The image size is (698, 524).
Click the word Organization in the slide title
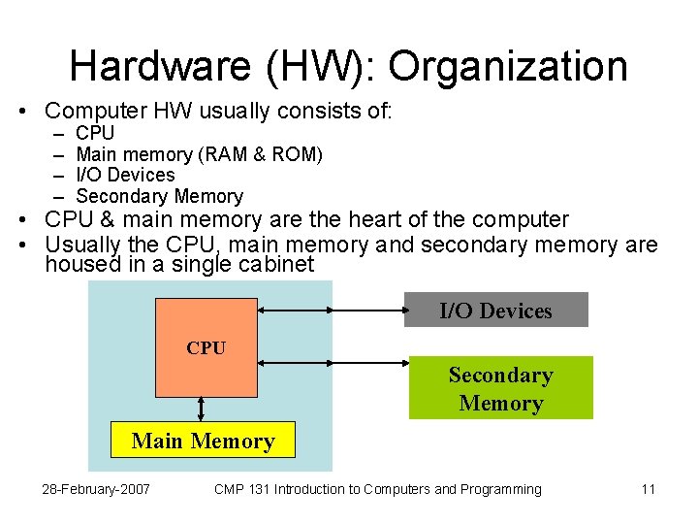point(508,67)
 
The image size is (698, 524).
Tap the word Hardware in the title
point(160,67)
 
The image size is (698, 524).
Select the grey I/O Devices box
point(495,311)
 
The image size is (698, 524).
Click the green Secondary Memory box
point(500,388)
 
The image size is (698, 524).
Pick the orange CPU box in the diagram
point(206,347)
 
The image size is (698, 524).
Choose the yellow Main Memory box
point(203,442)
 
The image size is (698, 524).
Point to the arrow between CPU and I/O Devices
point(331,311)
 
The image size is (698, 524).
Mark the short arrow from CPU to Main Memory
point(202,409)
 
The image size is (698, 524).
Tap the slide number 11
point(649,489)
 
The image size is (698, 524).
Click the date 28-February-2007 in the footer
point(96,489)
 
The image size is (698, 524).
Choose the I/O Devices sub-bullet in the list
point(125,176)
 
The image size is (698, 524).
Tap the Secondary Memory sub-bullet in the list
point(159,197)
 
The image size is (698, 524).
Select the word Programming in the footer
point(499,489)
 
